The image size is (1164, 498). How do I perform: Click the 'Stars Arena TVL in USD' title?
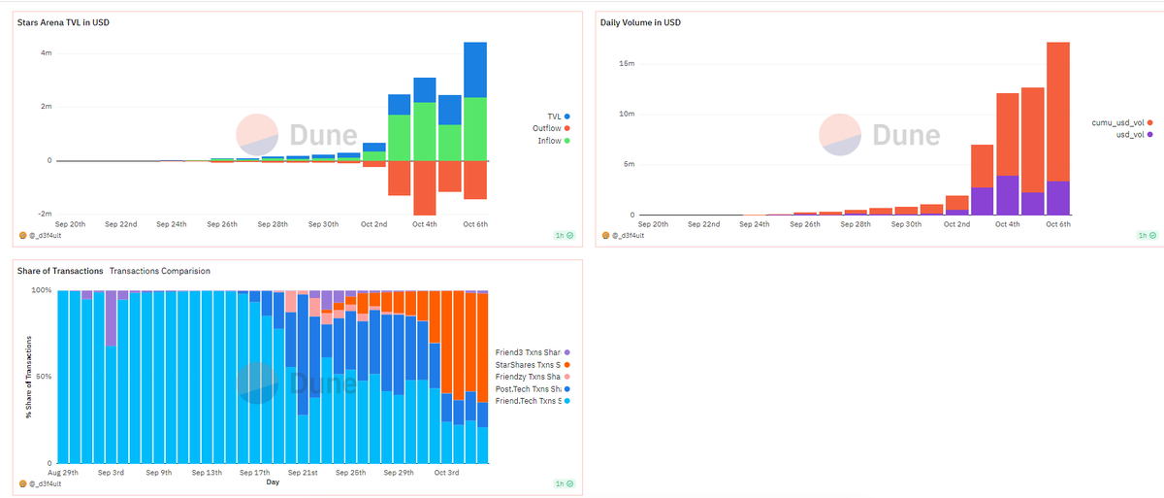63,22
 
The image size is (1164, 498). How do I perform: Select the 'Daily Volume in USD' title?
640,22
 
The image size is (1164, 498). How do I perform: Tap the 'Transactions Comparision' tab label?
159,271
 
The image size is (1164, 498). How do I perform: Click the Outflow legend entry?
551,128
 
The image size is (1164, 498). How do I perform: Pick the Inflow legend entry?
554,141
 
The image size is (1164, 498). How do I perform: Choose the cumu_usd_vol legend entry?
1122,122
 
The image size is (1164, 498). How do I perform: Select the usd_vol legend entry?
1134,135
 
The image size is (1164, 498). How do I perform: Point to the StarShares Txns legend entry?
533,365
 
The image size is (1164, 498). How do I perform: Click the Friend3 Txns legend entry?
533,352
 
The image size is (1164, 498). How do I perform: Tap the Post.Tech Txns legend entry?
533,389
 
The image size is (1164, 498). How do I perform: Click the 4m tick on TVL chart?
47,53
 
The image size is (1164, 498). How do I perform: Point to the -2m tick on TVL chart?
45,214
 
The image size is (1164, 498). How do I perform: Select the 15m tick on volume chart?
627,63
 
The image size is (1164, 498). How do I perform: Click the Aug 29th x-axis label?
63,473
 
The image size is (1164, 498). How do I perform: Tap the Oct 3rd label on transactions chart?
446,473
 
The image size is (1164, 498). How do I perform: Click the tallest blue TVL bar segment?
475,70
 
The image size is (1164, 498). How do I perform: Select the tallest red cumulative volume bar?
1058,112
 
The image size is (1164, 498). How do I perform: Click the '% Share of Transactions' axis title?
28,377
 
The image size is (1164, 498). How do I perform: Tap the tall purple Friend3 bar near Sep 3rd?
111,318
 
